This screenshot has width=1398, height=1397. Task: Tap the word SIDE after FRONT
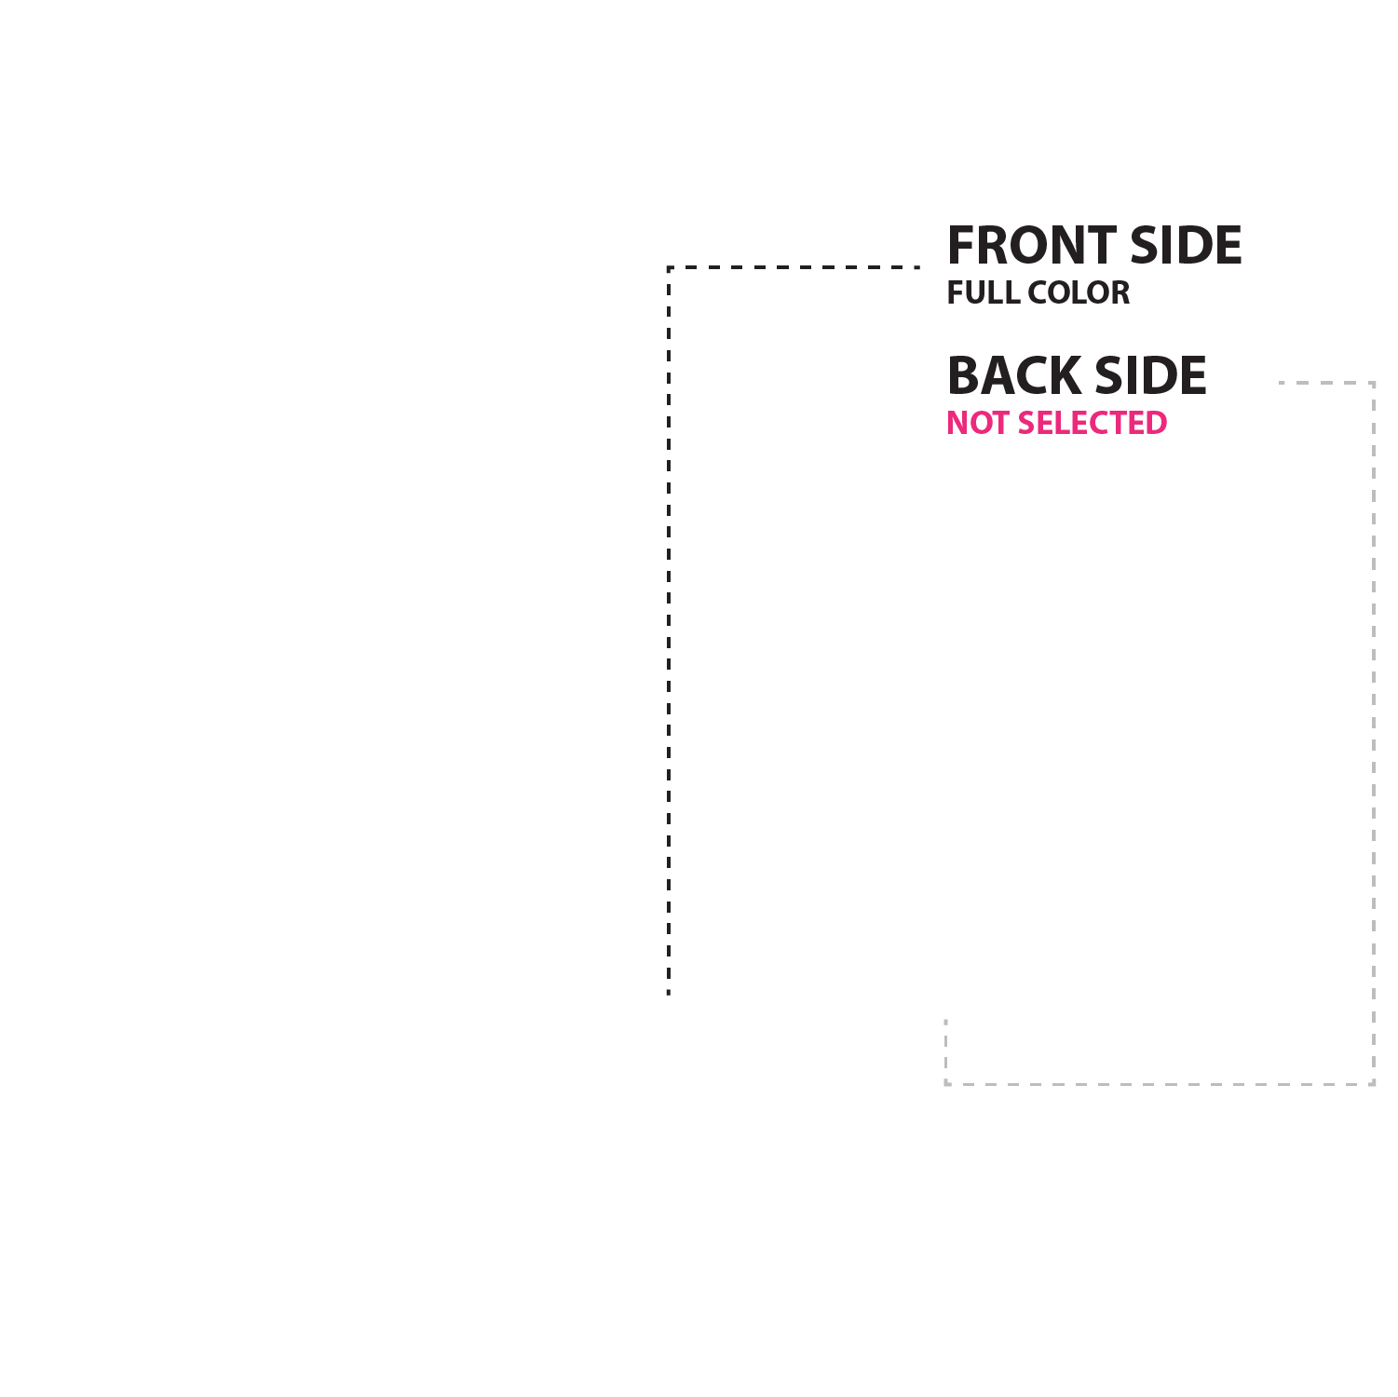click(x=1186, y=245)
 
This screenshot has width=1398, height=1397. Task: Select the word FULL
click(x=982, y=292)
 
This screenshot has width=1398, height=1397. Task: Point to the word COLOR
click(x=1079, y=292)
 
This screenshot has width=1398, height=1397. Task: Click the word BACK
click(x=1014, y=375)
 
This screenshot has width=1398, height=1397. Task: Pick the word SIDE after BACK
click(x=1151, y=375)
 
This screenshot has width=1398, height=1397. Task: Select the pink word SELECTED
click(x=1093, y=423)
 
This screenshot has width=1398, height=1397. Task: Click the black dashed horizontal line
click(x=794, y=267)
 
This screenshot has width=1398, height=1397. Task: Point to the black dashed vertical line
click(x=669, y=631)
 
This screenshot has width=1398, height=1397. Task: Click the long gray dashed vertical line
click(x=1373, y=733)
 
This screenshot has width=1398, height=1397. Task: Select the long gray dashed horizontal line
click(x=1160, y=1084)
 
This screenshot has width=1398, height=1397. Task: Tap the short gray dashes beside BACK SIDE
click(x=1326, y=383)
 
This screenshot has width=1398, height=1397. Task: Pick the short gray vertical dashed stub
click(x=946, y=1051)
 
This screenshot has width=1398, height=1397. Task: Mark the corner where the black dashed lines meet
click(x=669, y=267)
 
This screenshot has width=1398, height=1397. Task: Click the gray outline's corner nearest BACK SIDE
click(x=1373, y=383)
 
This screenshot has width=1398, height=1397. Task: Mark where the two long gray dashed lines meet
click(x=1373, y=1084)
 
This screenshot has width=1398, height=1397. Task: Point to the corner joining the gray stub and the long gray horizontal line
click(x=946, y=1084)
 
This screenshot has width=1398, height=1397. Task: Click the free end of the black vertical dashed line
click(x=669, y=995)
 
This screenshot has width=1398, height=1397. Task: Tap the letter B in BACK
click(x=963, y=375)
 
